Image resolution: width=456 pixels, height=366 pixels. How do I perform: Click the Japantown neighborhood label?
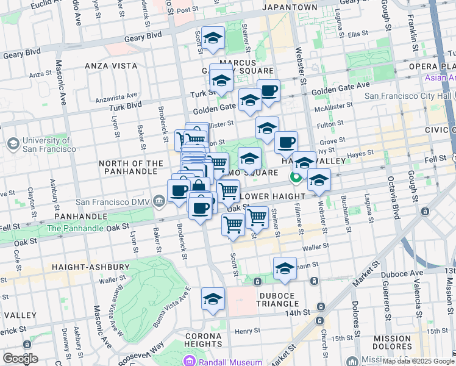point(290,7)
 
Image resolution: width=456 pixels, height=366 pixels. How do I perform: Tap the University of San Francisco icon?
point(12,143)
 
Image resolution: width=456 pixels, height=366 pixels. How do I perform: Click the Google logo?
point(20,359)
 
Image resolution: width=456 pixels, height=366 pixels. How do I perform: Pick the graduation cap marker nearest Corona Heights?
point(213,299)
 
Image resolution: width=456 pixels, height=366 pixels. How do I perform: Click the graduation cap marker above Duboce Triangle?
point(285,268)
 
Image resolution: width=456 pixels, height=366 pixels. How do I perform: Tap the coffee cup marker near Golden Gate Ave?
point(268,91)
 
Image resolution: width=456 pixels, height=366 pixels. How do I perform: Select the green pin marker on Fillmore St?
point(296,178)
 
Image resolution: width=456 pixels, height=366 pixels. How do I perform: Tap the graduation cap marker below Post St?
point(213,38)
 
